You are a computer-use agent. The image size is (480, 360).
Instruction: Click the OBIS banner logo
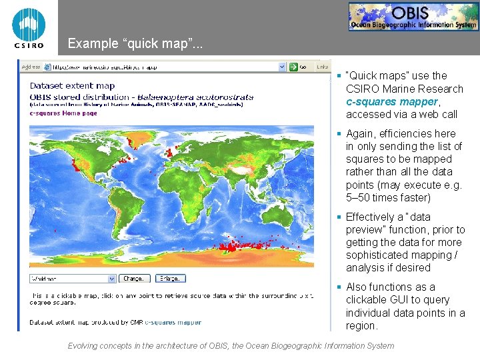coord(413,17)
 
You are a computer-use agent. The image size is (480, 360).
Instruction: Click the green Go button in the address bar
coord(298,67)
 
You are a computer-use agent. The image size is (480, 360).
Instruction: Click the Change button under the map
coord(133,278)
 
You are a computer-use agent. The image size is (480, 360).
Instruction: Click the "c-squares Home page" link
coord(63,113)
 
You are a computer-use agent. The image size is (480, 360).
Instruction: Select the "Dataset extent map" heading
coord(72,85)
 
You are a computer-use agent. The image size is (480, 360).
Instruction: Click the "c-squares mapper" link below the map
coord(173,323)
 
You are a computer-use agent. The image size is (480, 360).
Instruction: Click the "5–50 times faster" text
coord(389,198)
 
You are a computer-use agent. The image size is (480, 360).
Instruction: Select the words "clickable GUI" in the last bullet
coord(383,300)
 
